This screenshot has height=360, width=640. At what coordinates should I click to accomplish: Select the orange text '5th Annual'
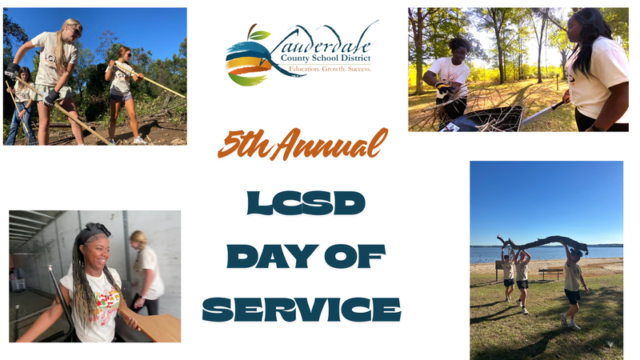pyautogui.click(x=302, y=145)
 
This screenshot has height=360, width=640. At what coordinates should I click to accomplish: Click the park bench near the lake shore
pyautogui.click(x=550, y=272)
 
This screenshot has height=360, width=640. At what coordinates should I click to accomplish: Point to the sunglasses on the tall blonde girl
pyautogui.click(x=75, y=30)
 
